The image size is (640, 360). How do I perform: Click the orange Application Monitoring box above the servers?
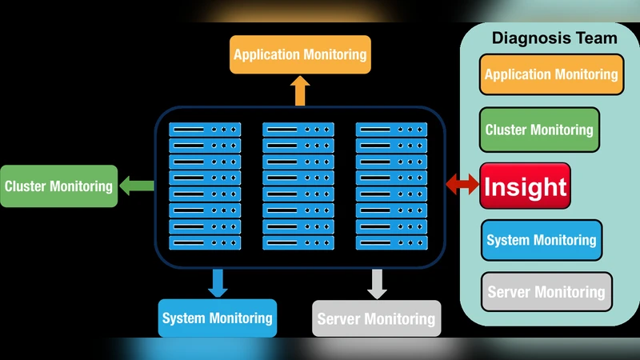coord(300,54)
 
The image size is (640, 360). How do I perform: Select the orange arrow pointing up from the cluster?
coord(300,91)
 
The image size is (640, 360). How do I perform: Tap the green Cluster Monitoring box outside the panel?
coord(58,186)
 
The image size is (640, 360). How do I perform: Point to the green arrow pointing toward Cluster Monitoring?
coord(137,186)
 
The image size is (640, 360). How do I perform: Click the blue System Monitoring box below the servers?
coord(217,318)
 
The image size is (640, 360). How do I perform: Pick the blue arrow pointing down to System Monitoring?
coord(217,282)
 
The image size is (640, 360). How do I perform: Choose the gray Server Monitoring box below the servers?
coord(376,319)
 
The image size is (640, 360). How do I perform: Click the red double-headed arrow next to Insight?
coord(462,186)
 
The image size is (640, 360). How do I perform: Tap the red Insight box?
coord(525,186)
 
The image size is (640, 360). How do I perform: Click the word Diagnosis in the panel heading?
coord(526,38)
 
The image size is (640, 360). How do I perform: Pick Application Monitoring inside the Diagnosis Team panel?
coord(551,74)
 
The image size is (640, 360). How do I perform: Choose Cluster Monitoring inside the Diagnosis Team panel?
coord(539,130)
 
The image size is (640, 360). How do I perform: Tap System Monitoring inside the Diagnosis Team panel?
coord(542,240)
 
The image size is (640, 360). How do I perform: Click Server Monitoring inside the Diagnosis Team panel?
coord(546,292)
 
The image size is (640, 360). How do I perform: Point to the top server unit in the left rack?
coord(205,128)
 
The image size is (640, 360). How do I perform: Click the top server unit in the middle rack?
coord(298,128)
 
